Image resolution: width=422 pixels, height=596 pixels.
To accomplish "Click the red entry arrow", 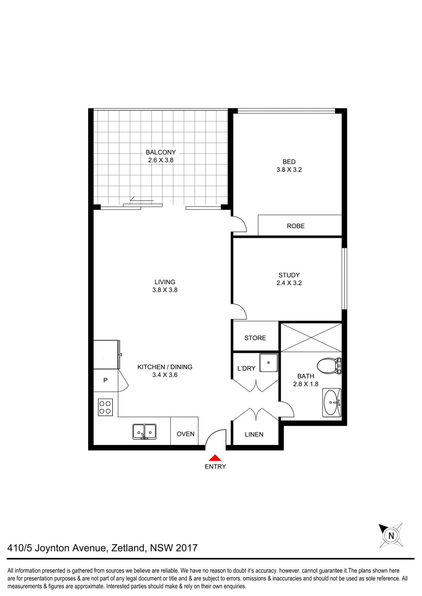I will [215, 457].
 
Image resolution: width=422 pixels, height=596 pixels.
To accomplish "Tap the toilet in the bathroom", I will [328, 365].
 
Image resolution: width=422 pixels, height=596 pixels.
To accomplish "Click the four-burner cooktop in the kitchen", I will [105, 407].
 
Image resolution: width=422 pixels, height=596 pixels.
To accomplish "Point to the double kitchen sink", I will [144, 431].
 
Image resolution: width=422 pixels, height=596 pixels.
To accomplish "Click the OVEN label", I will [185, 434].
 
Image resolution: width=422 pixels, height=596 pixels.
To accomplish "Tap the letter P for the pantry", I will [105, 380].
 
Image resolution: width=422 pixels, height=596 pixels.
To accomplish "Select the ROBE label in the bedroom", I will [296, 226].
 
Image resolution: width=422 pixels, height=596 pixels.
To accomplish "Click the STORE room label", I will [255, 338].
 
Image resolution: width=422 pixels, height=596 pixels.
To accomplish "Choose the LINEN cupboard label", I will [254, 434].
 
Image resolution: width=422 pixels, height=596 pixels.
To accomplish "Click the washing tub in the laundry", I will [269, 363].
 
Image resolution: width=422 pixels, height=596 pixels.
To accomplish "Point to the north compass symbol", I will [391, 535].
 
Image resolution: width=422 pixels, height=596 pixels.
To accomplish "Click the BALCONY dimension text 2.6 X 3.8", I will [161, 160].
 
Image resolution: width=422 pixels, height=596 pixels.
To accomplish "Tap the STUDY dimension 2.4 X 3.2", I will [289, 283].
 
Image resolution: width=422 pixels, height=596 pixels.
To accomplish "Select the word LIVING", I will [165, 282].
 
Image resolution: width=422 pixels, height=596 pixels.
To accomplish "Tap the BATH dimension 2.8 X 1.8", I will [306, 384].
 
